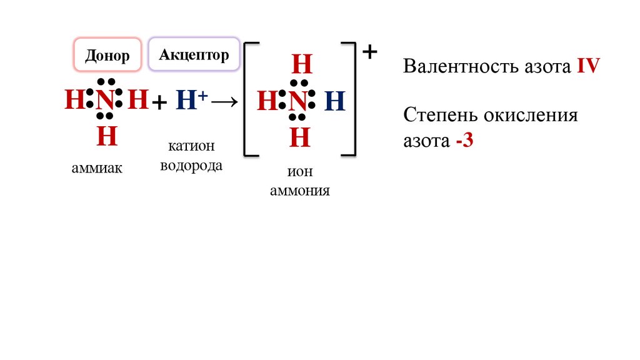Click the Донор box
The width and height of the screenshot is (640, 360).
[x=107, y=56]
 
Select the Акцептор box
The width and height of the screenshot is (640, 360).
[x=194, y=54]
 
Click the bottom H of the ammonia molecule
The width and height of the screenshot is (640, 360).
[x=107, y=136]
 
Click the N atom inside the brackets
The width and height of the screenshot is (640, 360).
[x=300, y=101]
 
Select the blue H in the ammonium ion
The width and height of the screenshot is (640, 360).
[x=335, y=101]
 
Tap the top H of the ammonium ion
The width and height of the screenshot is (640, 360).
[x=301, y=65]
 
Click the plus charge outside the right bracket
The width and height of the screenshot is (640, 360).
[x=370, y=52]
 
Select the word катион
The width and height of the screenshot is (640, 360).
[x=191, y=146]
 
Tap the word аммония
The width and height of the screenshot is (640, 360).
[x=300, y=191]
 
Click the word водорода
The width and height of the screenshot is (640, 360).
[x=191, y=166]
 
